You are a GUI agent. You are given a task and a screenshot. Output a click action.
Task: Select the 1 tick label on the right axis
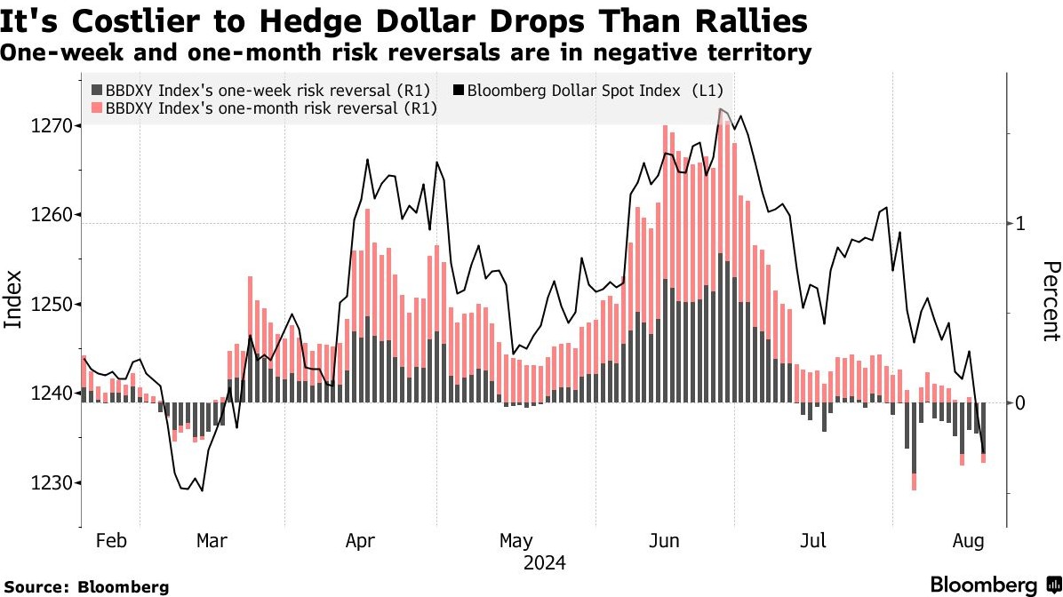click(x=1022, y=223)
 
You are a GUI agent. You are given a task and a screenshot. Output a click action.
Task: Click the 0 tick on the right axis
click(x=1022, y=402)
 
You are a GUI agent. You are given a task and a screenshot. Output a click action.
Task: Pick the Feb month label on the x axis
click(x=111, y=540)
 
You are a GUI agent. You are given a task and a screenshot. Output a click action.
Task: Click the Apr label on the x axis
click(x=361, y=540)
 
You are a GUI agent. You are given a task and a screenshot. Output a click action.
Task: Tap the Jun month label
click(x=665, y=540)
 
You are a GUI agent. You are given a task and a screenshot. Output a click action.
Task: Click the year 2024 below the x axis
click(x=545, y=562)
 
